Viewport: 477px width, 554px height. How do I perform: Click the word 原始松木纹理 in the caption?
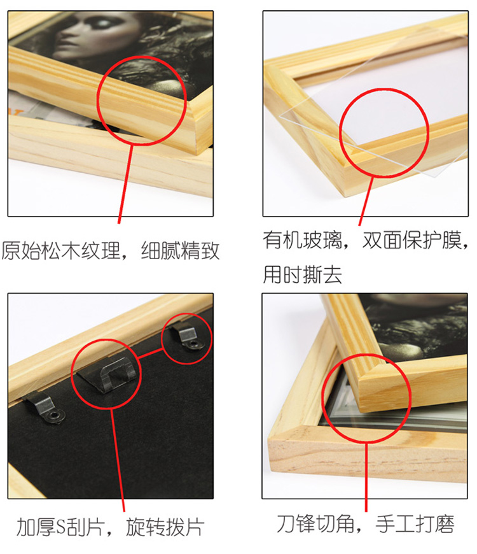61,251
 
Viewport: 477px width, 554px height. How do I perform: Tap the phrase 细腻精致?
180,251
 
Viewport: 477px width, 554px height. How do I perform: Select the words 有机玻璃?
302,240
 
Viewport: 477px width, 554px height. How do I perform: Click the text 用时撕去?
302,274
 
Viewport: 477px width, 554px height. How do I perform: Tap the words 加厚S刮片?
60,527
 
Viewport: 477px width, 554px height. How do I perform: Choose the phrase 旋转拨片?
165,527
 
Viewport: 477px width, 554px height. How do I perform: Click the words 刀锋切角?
315,523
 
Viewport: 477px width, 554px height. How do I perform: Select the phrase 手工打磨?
415,523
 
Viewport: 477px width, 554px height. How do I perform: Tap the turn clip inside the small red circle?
190,337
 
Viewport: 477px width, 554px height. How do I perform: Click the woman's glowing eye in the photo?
103,24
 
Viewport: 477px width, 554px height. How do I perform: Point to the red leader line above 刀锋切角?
366,476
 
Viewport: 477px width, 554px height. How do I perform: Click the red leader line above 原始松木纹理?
125,184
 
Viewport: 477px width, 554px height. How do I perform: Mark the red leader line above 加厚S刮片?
118,460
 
